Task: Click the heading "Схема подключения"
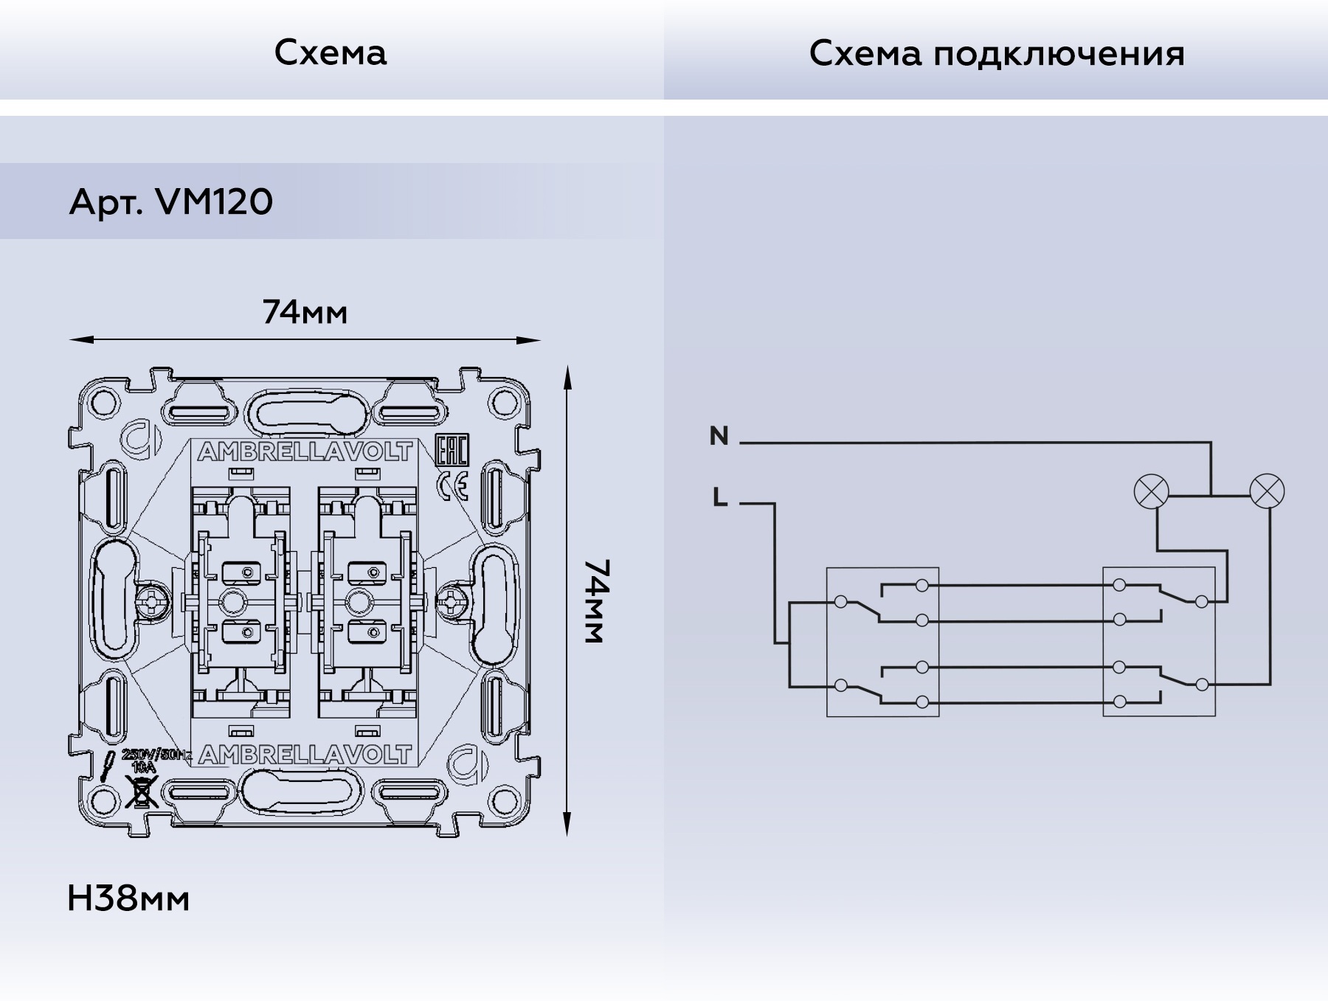[996, 54]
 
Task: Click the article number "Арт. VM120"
[170, 201]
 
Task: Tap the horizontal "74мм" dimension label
[305, 313]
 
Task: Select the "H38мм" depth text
[128, 898]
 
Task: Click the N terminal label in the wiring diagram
[719, 436]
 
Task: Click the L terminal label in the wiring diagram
[720, 498]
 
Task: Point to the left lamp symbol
[1150, 492]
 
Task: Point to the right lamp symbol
[1267, 492]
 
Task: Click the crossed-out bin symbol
[142, 792]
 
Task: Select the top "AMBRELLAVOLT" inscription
[305, 452]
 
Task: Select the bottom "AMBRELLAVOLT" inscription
[305, 755]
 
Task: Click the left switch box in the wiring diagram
[882, 642]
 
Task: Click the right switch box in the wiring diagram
[1158, 642]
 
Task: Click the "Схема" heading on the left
[330, 53]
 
